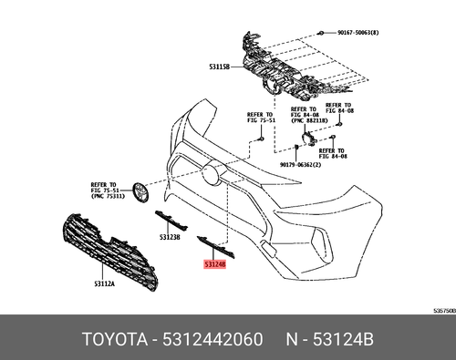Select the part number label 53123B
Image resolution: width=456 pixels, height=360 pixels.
coord(171,236)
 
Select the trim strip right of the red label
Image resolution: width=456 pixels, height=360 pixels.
coord(227,248)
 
